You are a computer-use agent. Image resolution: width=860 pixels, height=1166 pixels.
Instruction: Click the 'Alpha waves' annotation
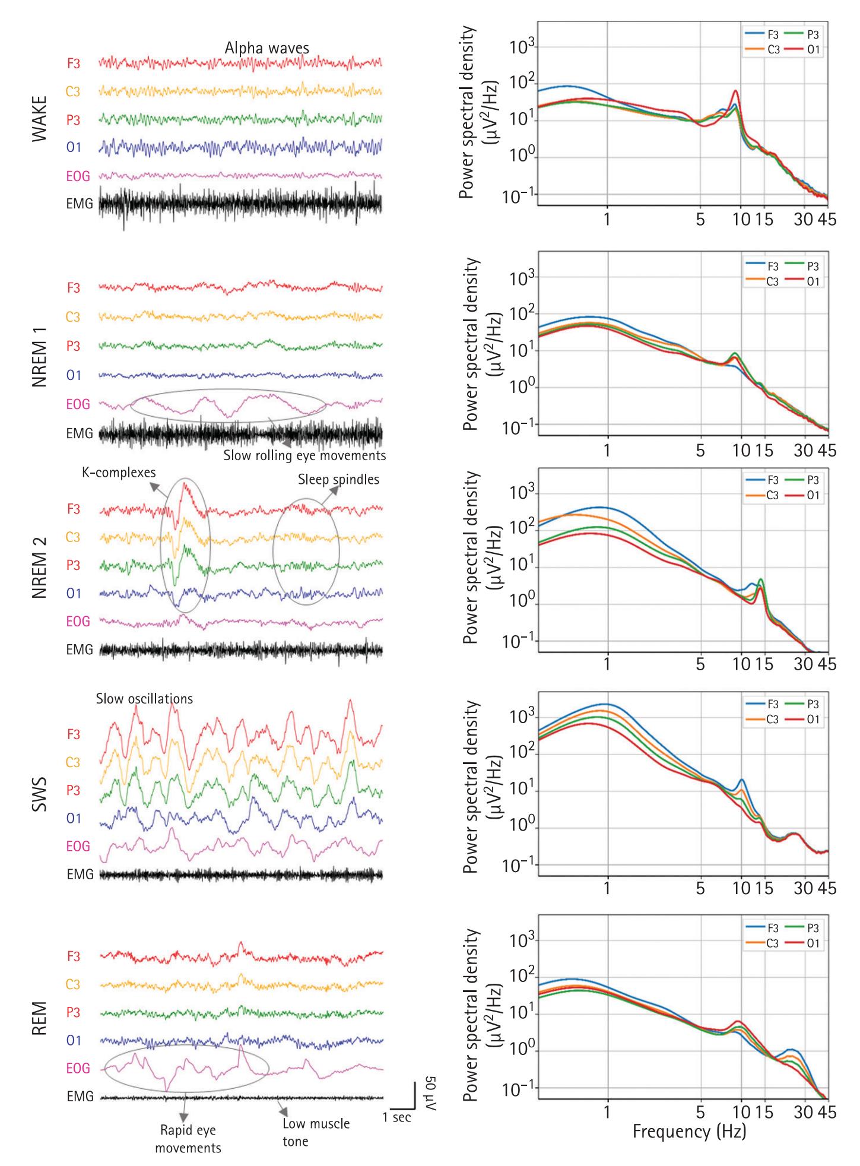tap(266, 48)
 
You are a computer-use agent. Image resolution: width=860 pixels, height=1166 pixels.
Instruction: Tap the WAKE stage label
tap(39, 125)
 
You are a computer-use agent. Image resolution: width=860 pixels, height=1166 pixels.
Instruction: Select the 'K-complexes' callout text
tap(119, 473)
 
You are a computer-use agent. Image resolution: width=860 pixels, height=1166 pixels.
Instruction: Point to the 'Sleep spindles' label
tap(338, 479)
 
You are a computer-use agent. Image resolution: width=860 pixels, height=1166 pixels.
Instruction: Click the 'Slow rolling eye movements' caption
tap(304, 456)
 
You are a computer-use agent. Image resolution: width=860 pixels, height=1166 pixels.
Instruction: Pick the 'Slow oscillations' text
tap(144, 699)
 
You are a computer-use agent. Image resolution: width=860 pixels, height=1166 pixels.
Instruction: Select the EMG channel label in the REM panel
tap(80, 1097)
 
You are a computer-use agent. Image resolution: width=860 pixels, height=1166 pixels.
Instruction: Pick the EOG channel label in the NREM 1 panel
tap(78, 404)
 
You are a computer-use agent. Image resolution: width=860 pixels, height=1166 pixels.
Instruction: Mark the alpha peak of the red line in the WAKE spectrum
tap(736, 91)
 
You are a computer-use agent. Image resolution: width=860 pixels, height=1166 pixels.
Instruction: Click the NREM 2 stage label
tap(39, 565)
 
